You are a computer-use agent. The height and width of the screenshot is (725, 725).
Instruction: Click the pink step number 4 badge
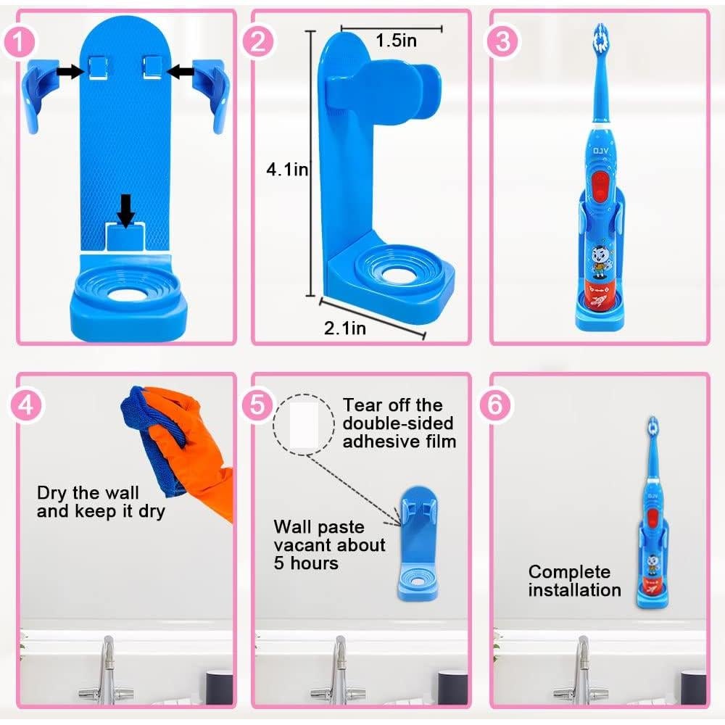25,405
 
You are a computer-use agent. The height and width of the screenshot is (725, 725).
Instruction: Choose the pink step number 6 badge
494,405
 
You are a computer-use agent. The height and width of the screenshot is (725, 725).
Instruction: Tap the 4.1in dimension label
288,170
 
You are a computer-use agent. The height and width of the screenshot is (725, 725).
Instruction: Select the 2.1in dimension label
344,328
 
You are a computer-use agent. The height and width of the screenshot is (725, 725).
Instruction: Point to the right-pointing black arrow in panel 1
70,70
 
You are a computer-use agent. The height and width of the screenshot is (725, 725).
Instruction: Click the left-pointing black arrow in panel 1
181,70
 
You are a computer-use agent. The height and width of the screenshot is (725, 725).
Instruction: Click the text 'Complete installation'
574,581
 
